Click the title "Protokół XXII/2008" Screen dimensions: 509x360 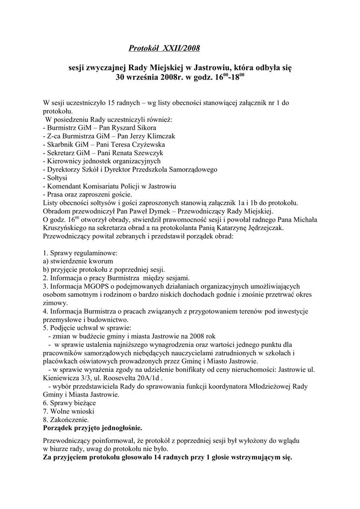point(164,48)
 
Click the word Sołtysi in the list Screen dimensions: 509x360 point(60,177)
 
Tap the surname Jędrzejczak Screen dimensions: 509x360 point(258,227)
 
